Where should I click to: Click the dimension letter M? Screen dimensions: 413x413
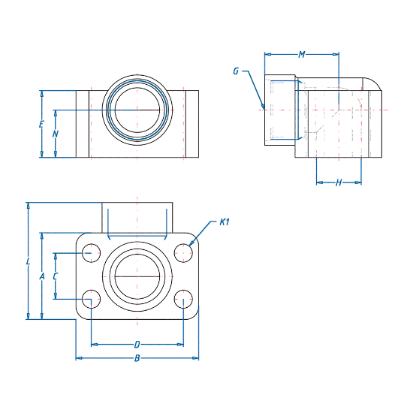click(302, 55)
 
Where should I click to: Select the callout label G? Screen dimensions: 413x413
click(236, 71)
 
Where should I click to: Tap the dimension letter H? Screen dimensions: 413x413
click(339, 182)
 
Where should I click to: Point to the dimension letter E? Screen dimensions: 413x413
click(41, 125)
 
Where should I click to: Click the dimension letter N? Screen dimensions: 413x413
click(55, 134)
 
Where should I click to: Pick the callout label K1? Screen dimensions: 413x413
click(225, 222)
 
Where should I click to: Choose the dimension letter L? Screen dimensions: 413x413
click(28, 261)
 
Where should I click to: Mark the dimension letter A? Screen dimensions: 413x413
click(41, 276)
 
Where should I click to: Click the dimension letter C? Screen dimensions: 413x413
click(55, 276)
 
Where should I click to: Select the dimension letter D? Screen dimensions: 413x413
click(137, 345)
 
